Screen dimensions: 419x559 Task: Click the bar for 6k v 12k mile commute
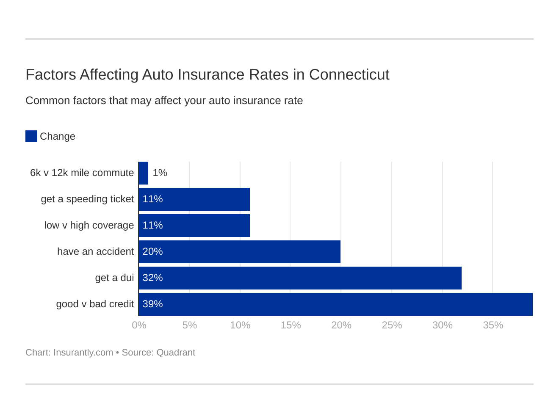click(143, 173)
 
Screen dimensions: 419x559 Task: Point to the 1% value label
click(160, 173)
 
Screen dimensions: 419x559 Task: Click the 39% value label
click(152, 304)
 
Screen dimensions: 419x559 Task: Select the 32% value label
click(152, 278)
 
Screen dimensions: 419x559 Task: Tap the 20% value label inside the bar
click(152, 251)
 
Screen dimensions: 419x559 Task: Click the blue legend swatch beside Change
click(31, 136)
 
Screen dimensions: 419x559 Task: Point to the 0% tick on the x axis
click(139, 325)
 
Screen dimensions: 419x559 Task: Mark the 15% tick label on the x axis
click(291, 325)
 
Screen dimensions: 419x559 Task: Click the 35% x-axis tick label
click(493, 325)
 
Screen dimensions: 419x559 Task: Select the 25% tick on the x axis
click(392, 325)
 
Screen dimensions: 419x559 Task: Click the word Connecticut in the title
click(349, 74)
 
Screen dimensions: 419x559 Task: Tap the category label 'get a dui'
click(114, 278)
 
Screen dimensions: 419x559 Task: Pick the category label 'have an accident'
click(95, 251)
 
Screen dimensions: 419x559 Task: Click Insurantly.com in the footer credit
click(83, 353)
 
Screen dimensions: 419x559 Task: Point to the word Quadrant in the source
click(176, 353)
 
